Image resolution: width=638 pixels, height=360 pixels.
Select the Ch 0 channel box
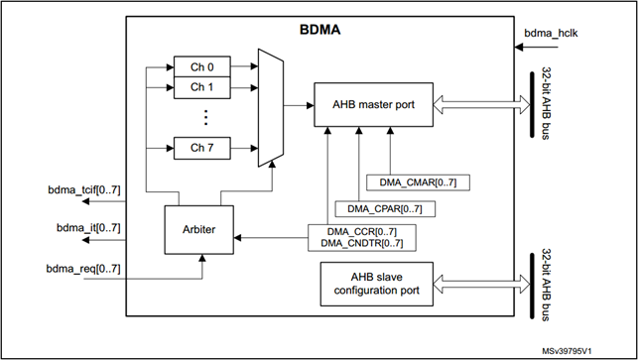point(201,66)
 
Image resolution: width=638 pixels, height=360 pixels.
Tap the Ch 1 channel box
point(201,87)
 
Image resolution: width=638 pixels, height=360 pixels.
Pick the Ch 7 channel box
point(201,148)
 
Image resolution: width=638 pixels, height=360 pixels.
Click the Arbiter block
point(198,231)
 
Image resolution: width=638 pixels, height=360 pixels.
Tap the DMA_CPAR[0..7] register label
point(383,208)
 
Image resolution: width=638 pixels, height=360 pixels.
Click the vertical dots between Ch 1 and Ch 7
point(201,117)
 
